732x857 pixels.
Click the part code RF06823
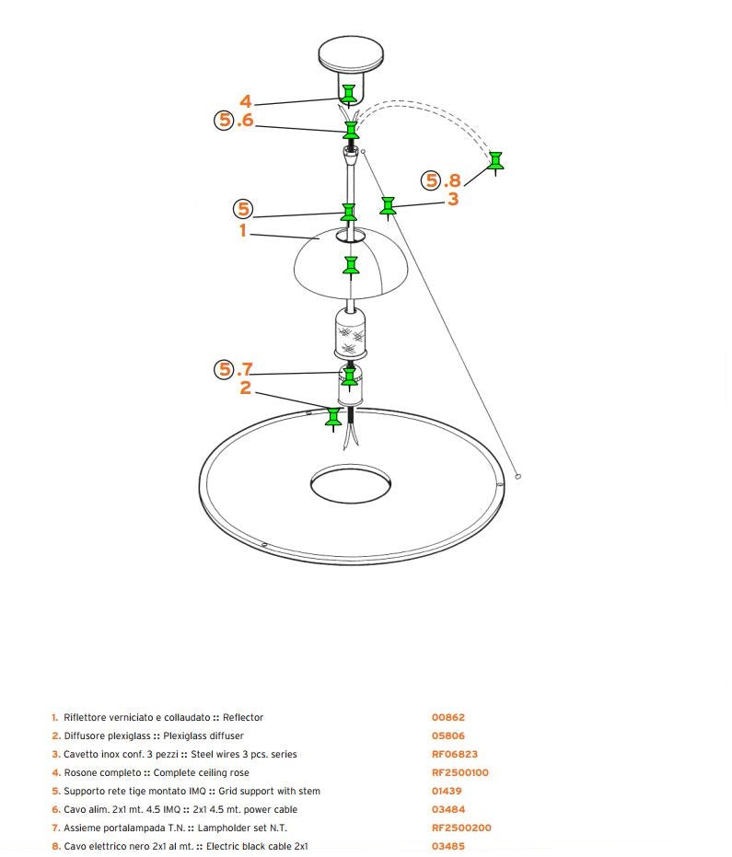coord(454,754)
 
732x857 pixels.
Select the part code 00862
coord(447,718)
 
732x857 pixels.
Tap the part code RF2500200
coord(461,828)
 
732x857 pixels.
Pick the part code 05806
coord(447,736)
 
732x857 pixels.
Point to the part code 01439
coord(447,792)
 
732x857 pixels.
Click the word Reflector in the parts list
coord(243,718)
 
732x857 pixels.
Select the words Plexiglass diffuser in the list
coord(203,736)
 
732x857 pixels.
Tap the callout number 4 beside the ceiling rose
coord(246,101)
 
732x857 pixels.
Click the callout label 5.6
coord(234,120)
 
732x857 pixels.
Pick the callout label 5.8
coord(441,180)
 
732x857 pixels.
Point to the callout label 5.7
coord(234,369)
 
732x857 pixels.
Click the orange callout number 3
coord(453,200)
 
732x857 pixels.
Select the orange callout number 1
coord(243,231)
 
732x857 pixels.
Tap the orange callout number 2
coord(246,388)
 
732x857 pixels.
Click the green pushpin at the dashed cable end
coord(496,163)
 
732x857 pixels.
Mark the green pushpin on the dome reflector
coord(351,267)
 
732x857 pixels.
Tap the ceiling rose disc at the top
coord(351,53)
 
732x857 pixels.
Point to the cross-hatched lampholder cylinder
coord(350,333)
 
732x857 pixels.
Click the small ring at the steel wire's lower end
coord(518,477)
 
